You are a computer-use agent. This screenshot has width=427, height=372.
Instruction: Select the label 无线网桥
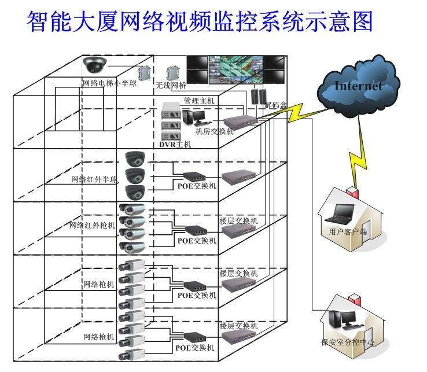(x=171, y=86)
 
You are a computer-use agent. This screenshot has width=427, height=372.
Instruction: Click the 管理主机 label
(x=199, y=101)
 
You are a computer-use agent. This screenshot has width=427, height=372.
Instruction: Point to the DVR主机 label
(x=175, y=144)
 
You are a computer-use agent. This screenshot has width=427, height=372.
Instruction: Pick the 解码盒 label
(x=276, y=105)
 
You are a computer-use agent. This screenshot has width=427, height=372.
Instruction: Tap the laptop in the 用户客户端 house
(x=339, y=214)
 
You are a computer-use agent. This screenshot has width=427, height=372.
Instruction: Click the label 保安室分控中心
(x=348, y=342)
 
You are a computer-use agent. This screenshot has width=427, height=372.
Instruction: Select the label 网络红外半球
(x=94, y=179)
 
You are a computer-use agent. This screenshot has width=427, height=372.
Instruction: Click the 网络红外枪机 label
(x=92, y=225)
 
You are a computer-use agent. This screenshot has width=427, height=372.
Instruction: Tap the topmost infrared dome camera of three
(x=135, y=159)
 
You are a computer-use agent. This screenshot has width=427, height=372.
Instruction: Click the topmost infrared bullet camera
(x=132, y=209)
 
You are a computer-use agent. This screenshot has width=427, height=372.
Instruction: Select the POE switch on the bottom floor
(x=194, y=338)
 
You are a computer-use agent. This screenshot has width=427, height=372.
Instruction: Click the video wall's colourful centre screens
(x=236, y=70)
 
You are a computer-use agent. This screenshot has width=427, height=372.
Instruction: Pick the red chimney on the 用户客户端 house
(x=353, y=192)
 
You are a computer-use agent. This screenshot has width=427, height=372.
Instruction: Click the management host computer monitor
(x=199, y=116)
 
